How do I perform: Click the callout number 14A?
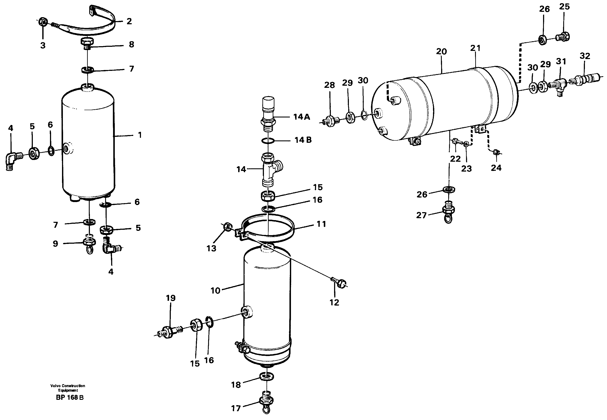(x=301, y=117)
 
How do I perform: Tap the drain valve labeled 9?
(x=89, y=244)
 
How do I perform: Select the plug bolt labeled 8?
(x=88, y=43)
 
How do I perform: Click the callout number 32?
(x=585, y=56)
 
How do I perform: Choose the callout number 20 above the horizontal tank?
(x=441, y=51)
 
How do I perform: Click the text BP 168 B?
(x=70, y=397)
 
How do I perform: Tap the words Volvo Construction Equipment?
(x=68, y=388)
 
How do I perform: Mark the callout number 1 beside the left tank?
(x=140, y=135)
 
